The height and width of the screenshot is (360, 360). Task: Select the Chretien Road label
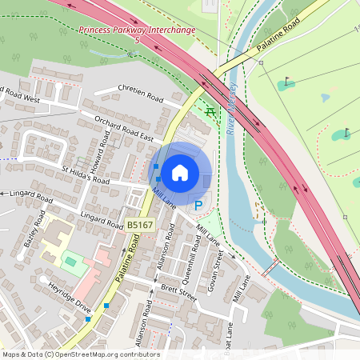point(140,94)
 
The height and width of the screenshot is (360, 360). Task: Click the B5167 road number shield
point(139,226)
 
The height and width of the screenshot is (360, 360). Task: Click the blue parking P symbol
point(198,206)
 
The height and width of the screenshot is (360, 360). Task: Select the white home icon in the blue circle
point(180,172)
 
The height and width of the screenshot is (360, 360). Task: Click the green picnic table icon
point(210,111)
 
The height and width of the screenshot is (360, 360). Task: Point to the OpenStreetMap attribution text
point(81,354)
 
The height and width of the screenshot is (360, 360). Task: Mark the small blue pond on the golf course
point(325,98)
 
